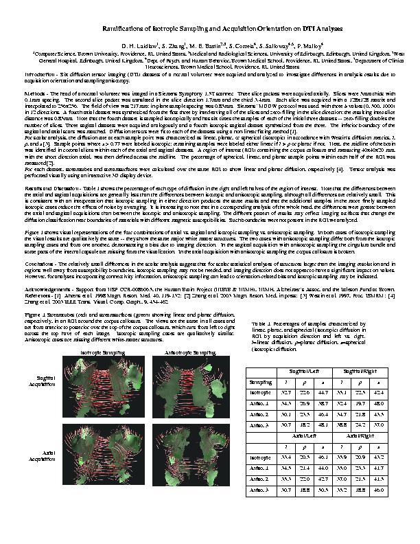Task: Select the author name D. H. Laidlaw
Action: (139, 46)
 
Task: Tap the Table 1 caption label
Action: (262, 322)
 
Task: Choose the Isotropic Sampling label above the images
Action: (101, 351)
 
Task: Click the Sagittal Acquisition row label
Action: (47, 381)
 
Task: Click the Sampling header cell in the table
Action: (260, 381)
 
